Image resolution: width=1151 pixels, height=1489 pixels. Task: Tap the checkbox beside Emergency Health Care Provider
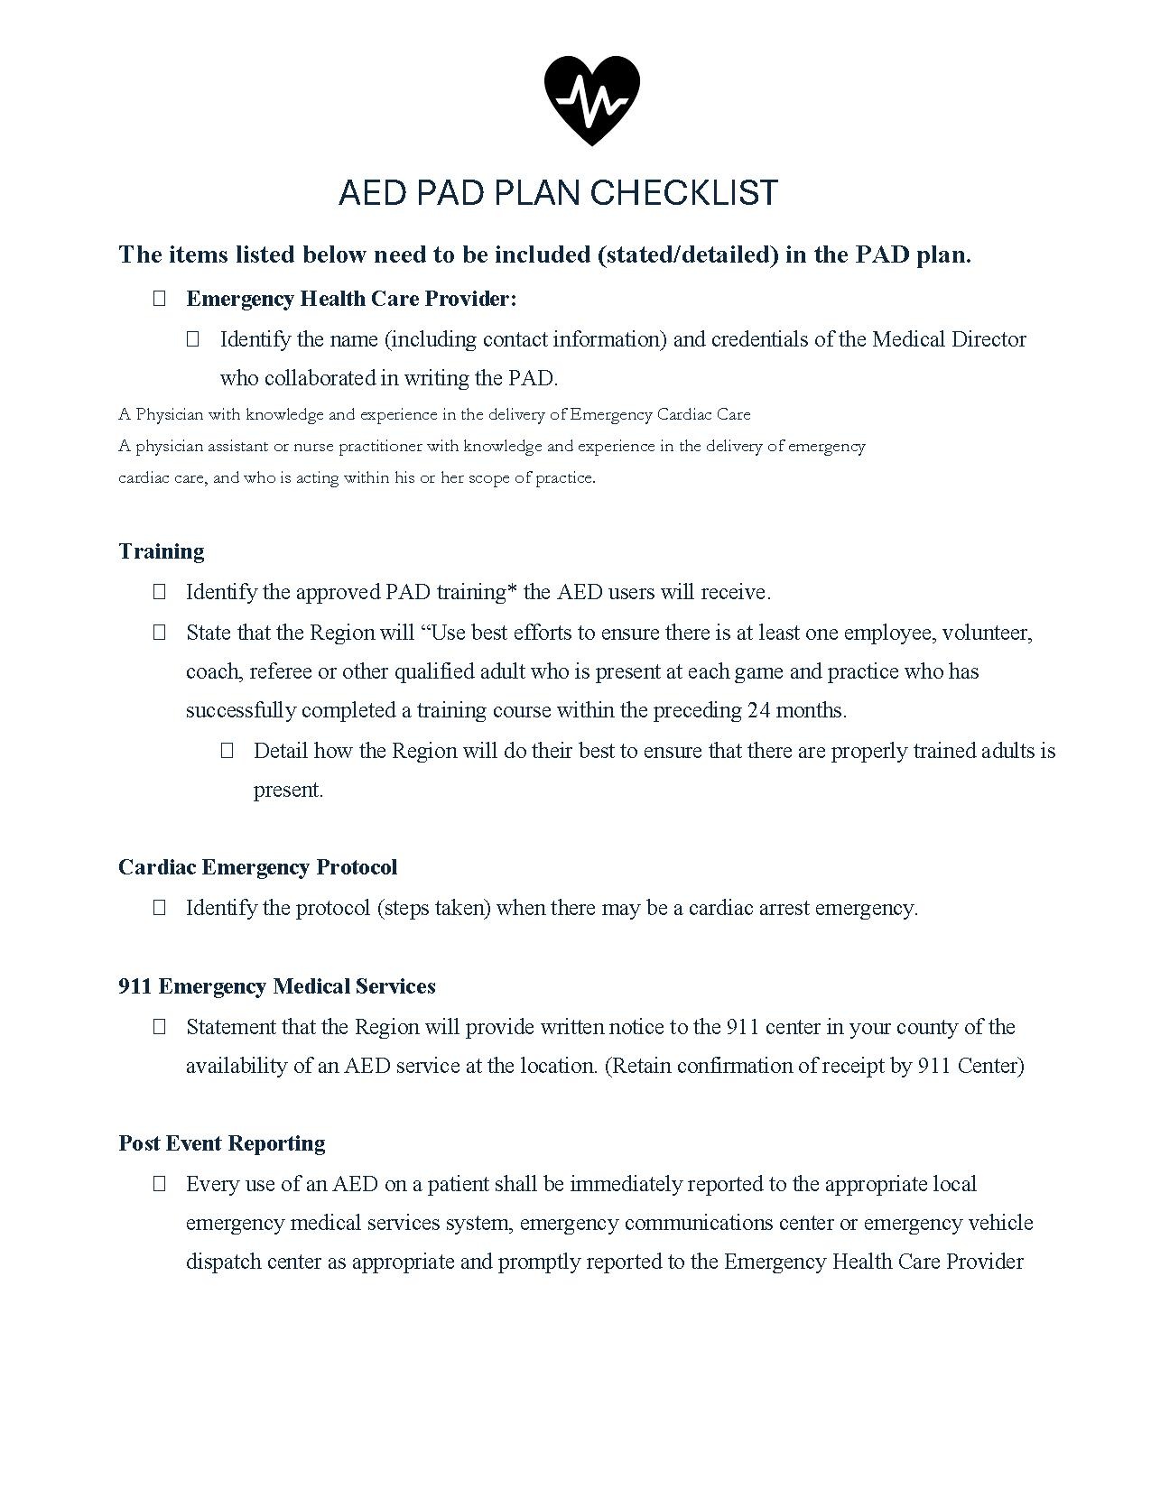[x=160, y=299]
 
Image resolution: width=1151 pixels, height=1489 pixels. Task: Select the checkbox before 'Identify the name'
[x=192, y=339]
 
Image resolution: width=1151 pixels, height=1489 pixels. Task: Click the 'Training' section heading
[x=162, y=551]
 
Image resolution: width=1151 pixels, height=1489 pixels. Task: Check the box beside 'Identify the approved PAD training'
[x=160, y=592]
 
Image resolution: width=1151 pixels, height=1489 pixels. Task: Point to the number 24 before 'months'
[x=758, y=710]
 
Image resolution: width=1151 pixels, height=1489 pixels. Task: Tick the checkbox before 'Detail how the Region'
[x=227, y=750]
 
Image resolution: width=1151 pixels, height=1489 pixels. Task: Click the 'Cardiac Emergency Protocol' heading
[x=257, y=867]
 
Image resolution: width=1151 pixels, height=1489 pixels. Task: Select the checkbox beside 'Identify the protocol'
[x=160, y=908]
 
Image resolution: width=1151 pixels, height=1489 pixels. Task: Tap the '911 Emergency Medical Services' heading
[x=277, y=986]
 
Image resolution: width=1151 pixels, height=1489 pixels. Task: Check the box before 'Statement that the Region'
[x=160, y=1027]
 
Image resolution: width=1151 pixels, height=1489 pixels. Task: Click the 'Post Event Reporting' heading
[x=222, y=1143]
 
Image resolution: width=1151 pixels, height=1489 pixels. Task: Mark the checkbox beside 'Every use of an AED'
[x=160, y=1184]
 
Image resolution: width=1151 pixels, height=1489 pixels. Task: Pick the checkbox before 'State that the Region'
[x=160, y=633]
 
